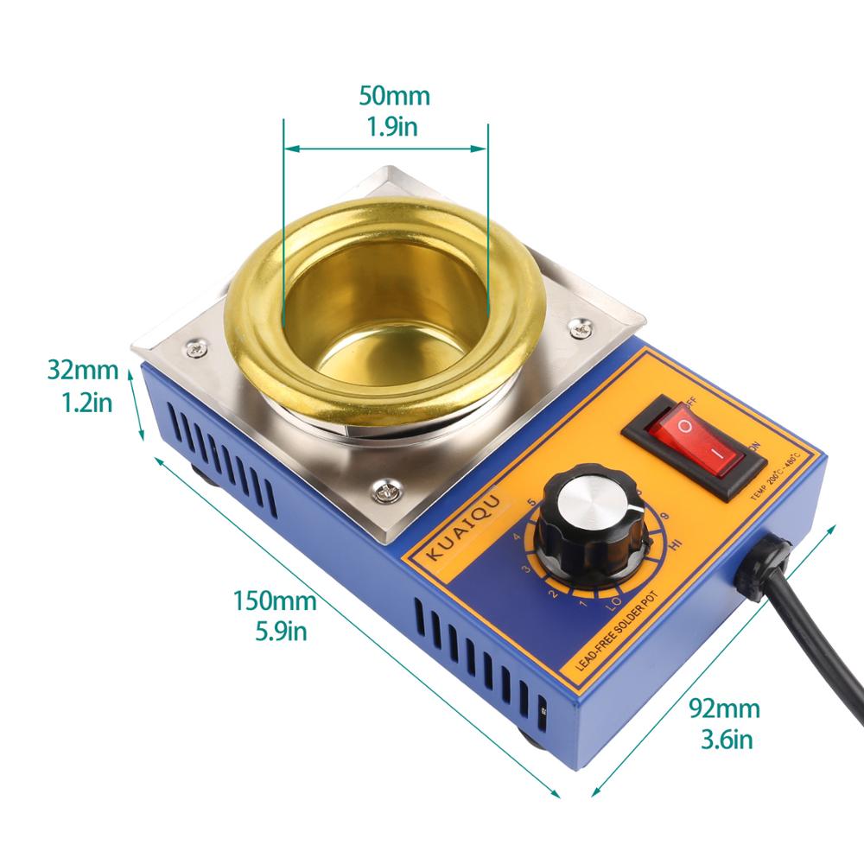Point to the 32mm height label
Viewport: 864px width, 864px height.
[82, 371]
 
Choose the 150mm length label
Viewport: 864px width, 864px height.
[274, 599]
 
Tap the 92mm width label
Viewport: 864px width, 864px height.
[724, 709]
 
